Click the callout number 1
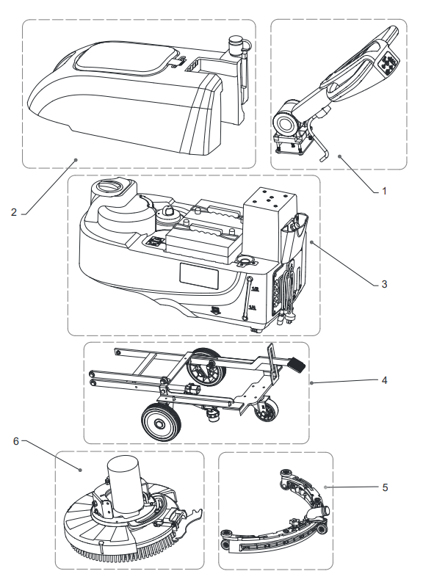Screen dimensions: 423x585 tap(384, 192)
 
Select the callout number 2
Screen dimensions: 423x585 tap(14, 212)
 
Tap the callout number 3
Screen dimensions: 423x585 tap(384, 284)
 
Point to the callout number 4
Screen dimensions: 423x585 tap(384, 380)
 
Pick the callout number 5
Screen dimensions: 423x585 tap(385, 487)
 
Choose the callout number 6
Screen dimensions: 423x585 tap(16, 441)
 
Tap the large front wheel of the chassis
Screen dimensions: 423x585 tap(162, 423)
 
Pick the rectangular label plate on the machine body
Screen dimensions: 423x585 tap(199, 275)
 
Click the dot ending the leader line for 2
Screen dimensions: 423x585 tap(76, 160)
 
